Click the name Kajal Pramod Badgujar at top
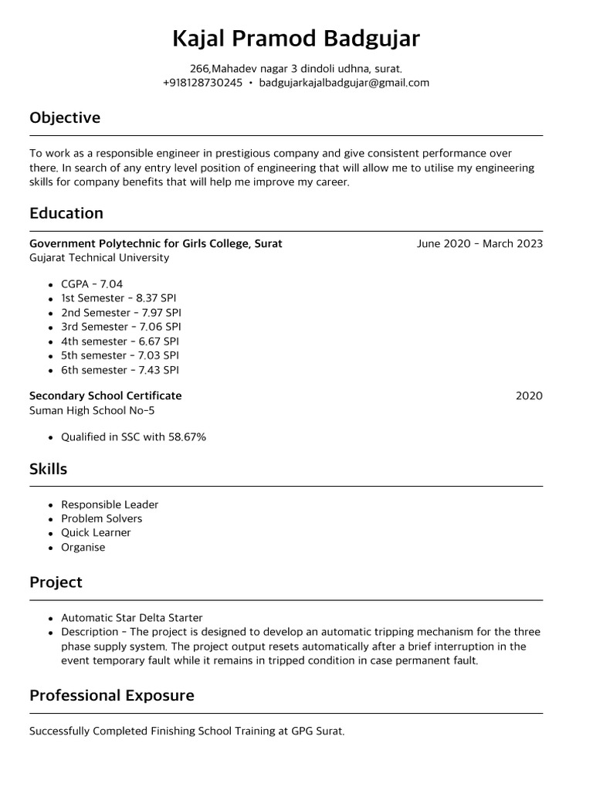coord(296,39)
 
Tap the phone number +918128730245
coord(202,83)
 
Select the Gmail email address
coord(344,83)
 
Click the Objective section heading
coord(65,118)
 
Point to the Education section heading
coord(66,213)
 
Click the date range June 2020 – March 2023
coord(479,244)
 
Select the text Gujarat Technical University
coord(99,258)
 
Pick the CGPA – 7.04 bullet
coord(92,284)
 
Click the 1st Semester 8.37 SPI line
coord(120,298)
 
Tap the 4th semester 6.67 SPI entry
coord(120,341)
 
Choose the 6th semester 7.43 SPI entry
coord(120,370)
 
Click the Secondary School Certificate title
coord(106,395)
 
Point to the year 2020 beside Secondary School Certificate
coord(529,396)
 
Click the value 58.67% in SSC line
coord(188,437)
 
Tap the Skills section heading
coord(49,470)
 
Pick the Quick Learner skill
coord(96,533)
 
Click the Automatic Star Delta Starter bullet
coord(132,618)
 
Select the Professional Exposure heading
coord(112,696)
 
